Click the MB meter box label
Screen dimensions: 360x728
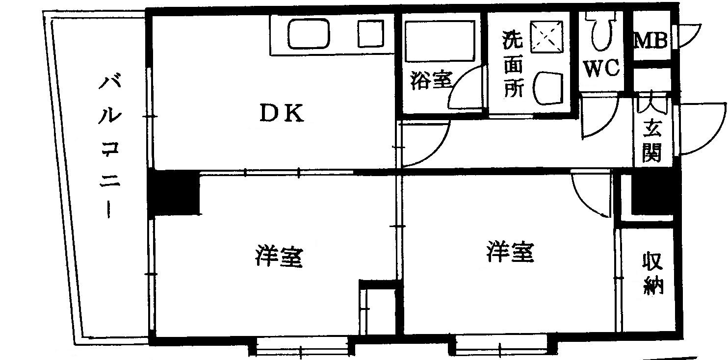click(650, 41)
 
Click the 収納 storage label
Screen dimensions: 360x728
click(653, 273)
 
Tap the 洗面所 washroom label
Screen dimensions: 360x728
click(512, 64)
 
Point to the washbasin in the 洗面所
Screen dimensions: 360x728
click(550, 88)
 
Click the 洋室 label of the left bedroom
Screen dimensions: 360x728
click(279, 256)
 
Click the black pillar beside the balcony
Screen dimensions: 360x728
click(175, 192)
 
